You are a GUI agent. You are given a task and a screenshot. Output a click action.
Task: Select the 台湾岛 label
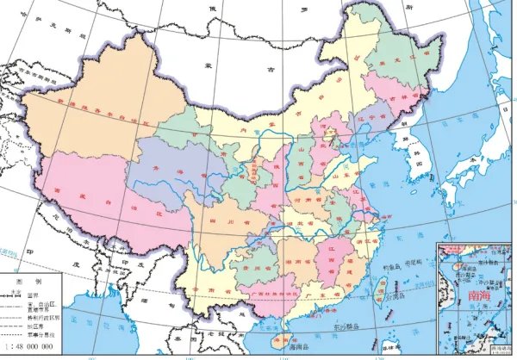point(394,295)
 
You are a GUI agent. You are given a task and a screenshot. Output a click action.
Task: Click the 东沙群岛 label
point(346,327)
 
